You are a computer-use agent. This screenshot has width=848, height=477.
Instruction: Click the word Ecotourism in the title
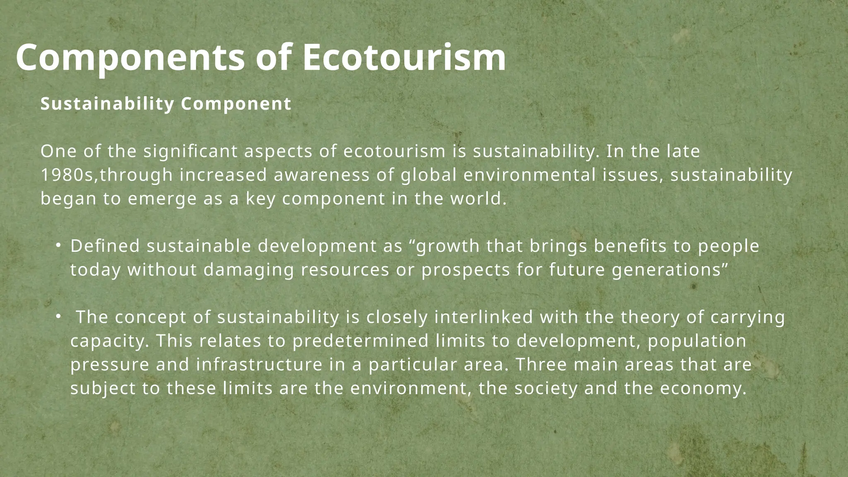(404, 58)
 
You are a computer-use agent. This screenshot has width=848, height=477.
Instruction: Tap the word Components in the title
(130, 58)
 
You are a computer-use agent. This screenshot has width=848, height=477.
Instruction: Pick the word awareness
(322, 175)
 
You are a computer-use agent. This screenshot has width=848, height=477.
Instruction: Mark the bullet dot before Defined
(58, 246)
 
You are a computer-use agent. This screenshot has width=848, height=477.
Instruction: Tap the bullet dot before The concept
(58, 317)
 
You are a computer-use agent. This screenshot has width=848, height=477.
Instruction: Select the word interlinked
(484, 318)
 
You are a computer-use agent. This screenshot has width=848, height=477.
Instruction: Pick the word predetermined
(360, 341)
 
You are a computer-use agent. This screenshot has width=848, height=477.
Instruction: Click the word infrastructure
(259, 365)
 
